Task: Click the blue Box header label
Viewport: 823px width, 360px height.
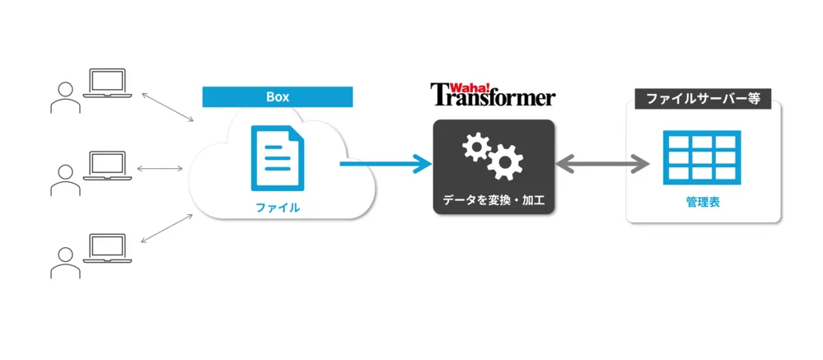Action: pos(278,97)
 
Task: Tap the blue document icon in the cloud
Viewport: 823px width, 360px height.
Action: pos(278,158)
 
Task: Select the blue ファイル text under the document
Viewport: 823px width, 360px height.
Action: pos(278,208)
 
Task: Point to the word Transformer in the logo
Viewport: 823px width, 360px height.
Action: pos(493,97)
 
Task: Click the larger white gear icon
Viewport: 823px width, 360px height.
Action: pos(505,161)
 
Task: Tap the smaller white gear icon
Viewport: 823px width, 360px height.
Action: pos(476,147)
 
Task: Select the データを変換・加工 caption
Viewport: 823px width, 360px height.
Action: pos(493,200)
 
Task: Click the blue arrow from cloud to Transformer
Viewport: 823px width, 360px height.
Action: pos(386,164)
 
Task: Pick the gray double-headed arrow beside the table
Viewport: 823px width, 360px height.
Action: pos(602,164)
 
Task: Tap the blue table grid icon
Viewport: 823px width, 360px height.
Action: pos(702,157)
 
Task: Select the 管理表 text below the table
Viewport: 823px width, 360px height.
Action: pos(703,203)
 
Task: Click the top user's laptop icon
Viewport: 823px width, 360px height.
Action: pos(107,83)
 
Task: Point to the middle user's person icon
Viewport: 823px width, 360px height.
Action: pos(66,180)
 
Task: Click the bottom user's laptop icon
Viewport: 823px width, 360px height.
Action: pos(107,249)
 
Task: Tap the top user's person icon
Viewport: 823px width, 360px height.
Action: pos(66,97)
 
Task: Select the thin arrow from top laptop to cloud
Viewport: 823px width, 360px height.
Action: pos(167,108)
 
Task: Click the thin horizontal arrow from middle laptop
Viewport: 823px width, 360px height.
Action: pos(160,168)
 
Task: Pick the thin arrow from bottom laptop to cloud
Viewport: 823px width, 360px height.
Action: pos(167,228)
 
